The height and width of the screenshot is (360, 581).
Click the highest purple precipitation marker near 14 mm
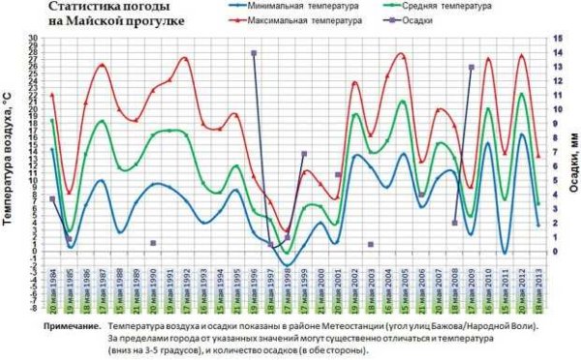click(254, 53)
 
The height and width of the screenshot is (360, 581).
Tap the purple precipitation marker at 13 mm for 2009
click(471, 68)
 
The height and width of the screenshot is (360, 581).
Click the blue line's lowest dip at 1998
click(288, 265)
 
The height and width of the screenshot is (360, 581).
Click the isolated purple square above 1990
click(152, 243)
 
